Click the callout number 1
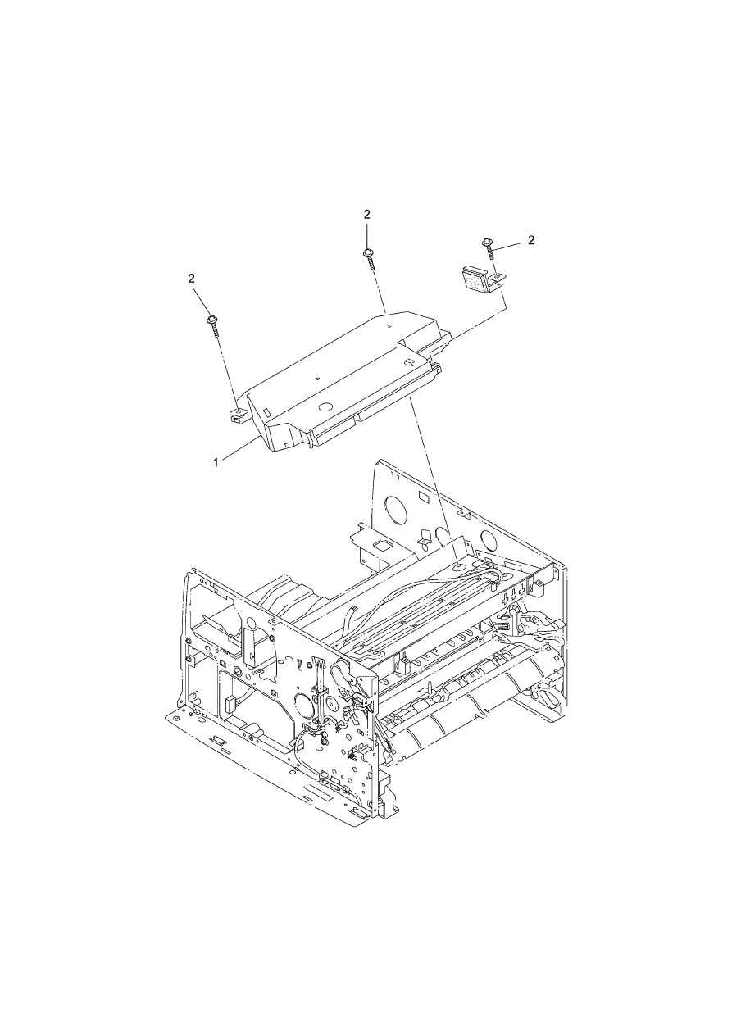coord(216,462)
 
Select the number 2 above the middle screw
coord(367,214)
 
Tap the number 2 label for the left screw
coord(191,278)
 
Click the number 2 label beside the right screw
coord(531,240)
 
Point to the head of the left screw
coord(212,320)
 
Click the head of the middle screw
coord(368,252)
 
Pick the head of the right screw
coord(487,242)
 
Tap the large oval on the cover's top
coord(325,407)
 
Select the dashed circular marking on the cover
coord(410,362)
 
